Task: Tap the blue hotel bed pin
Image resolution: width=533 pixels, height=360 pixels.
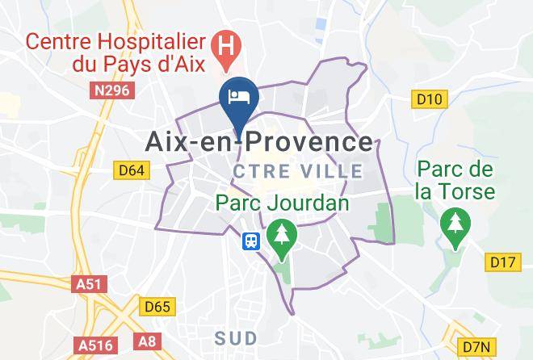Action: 239,97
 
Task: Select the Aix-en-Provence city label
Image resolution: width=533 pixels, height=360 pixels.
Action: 260,142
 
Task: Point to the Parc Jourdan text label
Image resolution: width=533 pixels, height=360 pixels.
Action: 283,203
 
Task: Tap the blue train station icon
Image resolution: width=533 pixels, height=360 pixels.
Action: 252,241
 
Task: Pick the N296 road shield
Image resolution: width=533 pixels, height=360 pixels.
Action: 111,91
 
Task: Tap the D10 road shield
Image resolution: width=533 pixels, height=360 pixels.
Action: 430,99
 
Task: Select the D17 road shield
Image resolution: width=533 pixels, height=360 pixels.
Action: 502,262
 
